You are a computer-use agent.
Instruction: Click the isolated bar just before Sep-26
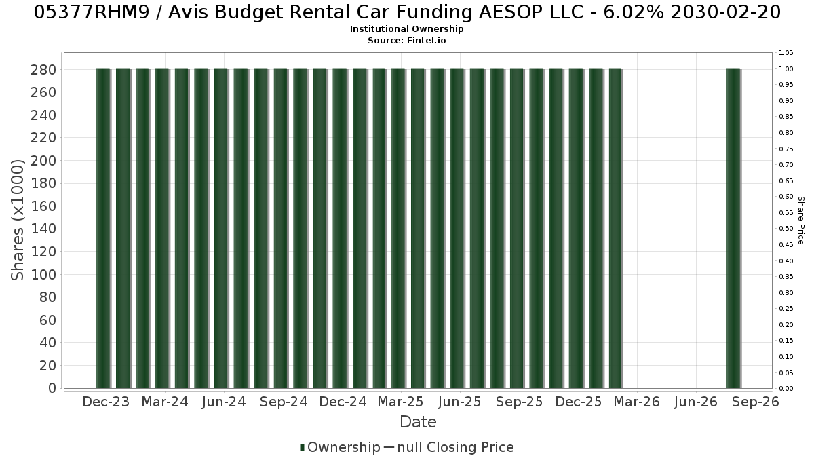[x=733, y=228]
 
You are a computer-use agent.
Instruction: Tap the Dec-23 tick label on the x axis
[x=106, y=402]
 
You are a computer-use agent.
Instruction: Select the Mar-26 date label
[x=637, y=402]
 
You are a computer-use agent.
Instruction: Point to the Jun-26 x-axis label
[x=695, y=402]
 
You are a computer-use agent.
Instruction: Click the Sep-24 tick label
[x=284, y=402]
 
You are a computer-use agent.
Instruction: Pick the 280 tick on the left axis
[x=43, y=70]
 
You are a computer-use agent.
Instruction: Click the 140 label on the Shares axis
[x=43, y=229]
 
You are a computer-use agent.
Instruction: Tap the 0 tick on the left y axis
[x=52, y=388]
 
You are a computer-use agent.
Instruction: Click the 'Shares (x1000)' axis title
[x=17, y=220]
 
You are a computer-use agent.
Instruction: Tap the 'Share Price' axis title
[x=800, y=221]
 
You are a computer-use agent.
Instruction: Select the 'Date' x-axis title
[x=418, y=422]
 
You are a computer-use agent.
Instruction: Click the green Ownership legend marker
[x=302, y=447]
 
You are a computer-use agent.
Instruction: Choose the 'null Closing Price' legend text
[x=456, y=447]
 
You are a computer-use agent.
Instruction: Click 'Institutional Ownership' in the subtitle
[x=406, y=29]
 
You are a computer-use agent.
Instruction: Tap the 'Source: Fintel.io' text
[x=406, y=40]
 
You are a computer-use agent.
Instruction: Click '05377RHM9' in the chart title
[x=92, y=12]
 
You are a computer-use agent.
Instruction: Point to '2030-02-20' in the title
[x=725, y=12]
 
